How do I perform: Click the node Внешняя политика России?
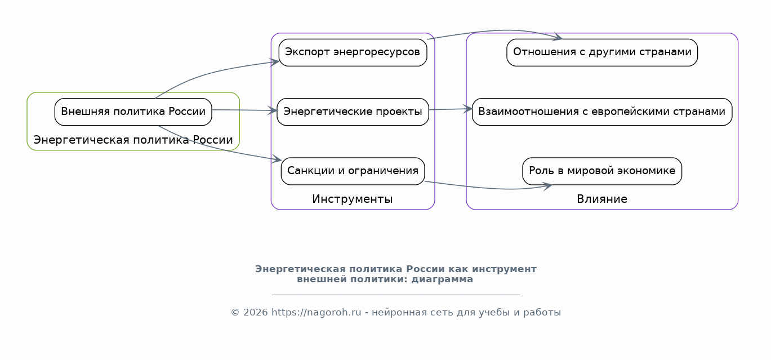point(133,112)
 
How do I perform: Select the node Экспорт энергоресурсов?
point(353,52)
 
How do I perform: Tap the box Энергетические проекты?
point(353,112)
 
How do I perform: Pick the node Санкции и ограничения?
point(353,171)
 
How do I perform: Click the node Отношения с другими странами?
point(602,52)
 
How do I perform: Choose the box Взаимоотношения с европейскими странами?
point(601,112)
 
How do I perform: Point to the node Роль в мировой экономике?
point(601,171)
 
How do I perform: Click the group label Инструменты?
point(353,199)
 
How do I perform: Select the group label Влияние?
point(601,199)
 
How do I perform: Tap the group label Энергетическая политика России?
point(133,140)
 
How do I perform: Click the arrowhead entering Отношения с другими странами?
point(558,38)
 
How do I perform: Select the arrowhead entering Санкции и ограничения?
point(277,161)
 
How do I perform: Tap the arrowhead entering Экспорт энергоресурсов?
point(275,62)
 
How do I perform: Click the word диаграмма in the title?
point(442,279)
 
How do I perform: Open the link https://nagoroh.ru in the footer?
point(316,313)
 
